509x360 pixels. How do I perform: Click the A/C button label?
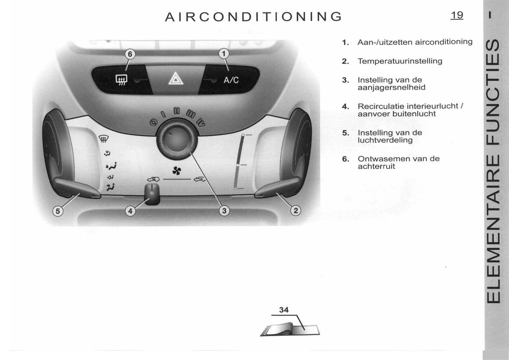[231, 80]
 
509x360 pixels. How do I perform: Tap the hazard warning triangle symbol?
[176, 79]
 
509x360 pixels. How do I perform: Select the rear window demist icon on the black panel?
[122, 80]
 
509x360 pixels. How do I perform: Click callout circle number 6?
[130, 54]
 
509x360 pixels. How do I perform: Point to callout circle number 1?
[224, 54]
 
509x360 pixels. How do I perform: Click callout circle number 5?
[58, 211]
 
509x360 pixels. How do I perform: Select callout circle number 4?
[130, 211]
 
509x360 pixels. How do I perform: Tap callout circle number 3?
[224, 211]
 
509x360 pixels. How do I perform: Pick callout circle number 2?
[296, 211]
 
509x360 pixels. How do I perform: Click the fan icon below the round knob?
[176, 170]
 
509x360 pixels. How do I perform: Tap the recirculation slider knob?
[152, 194]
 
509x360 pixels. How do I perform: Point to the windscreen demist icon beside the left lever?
[104, 138]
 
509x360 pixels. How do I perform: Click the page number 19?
[457, 15]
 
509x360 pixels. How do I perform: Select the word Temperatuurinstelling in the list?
[400, 61]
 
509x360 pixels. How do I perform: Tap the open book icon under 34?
[290, 329]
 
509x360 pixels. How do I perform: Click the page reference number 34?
[284, 310]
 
